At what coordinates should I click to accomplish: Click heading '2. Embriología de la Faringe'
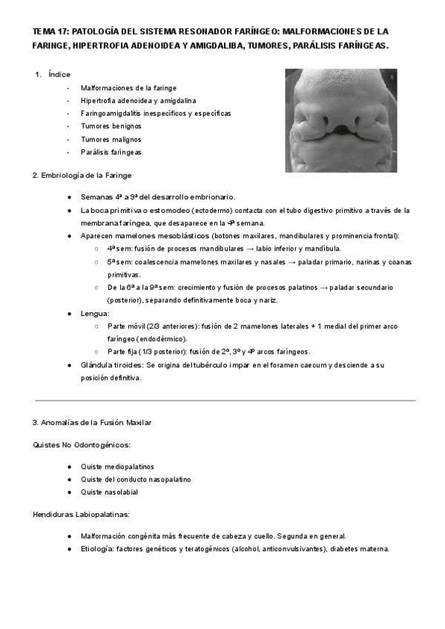tap(82, 175)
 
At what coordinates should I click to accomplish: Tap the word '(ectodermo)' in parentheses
tap(202, 210)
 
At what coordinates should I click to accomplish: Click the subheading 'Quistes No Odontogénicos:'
tap(82, 445)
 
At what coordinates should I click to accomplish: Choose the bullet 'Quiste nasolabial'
tap(110, 492)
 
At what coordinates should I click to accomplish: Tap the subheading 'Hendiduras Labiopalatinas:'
tap(82, 514)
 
